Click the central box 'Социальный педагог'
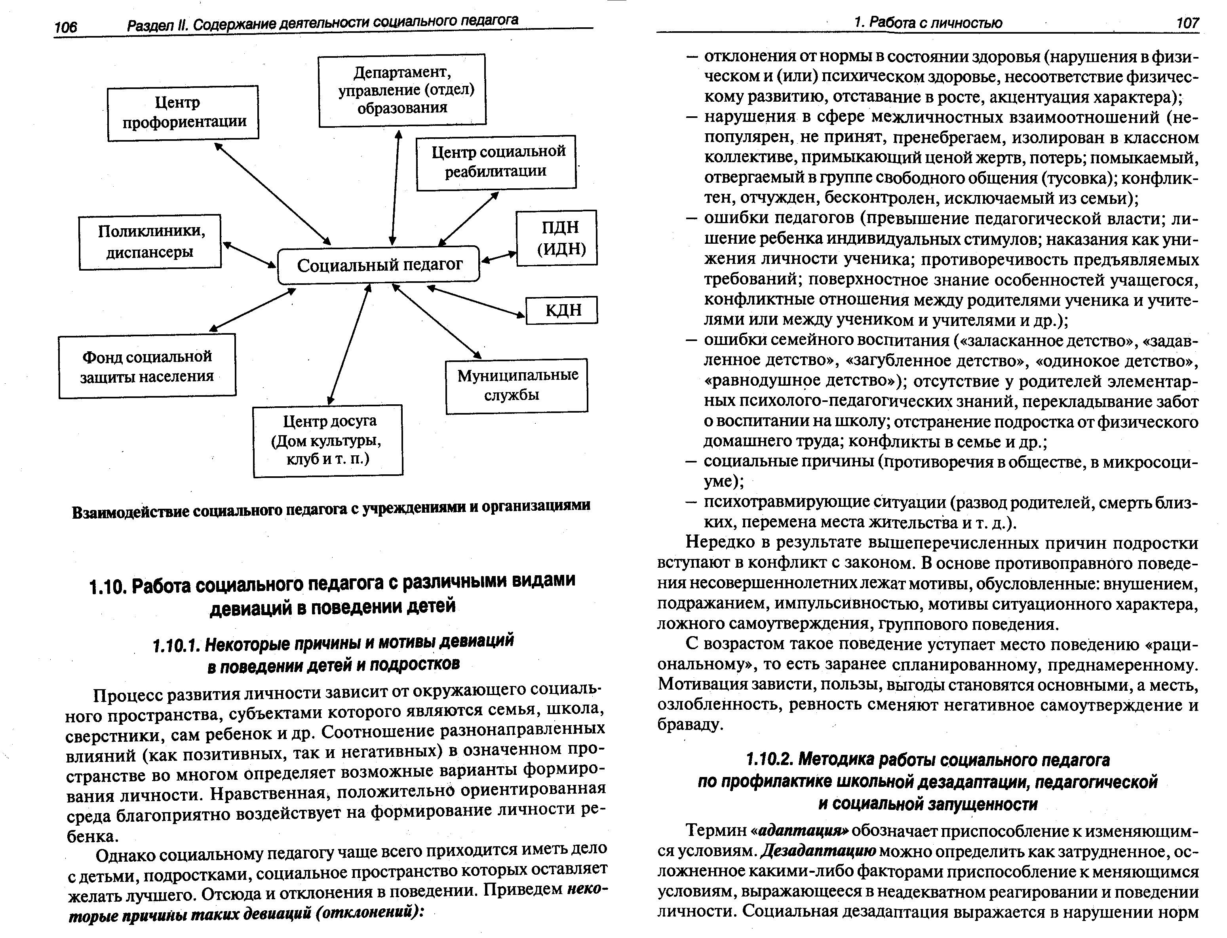click(x=379, y=265)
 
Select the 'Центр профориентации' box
click(x=183, y=112)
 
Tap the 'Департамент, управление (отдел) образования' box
click(x=402, y=90)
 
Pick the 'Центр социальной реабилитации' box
click(x=496, y=162)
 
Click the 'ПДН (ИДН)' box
click(x=557, y=238)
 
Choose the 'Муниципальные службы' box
click(x=517, y=386)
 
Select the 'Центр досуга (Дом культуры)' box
click(x=327, y=441)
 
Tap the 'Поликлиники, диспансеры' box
click(x=150, y=242)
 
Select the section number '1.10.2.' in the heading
click(x=770, y=760)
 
